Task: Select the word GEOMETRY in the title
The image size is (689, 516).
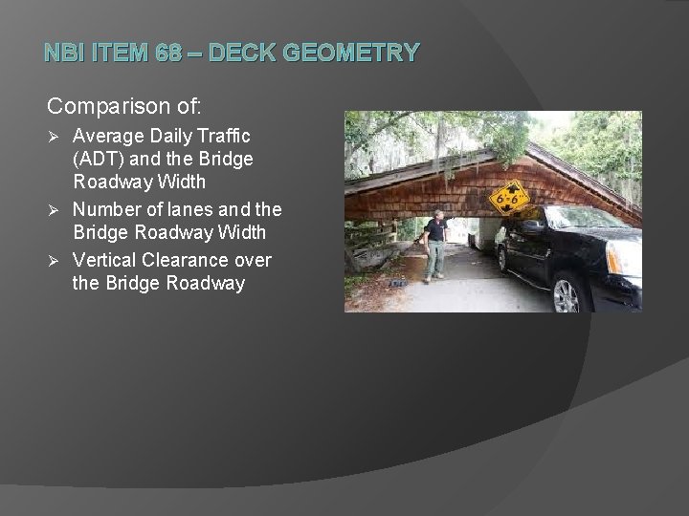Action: point(362,54)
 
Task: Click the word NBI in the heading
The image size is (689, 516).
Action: point(65,54)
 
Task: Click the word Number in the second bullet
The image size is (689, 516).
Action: point(104,209)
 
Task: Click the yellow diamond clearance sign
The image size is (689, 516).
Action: point(508,199)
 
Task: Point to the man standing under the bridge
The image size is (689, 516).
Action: point(435,245)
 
